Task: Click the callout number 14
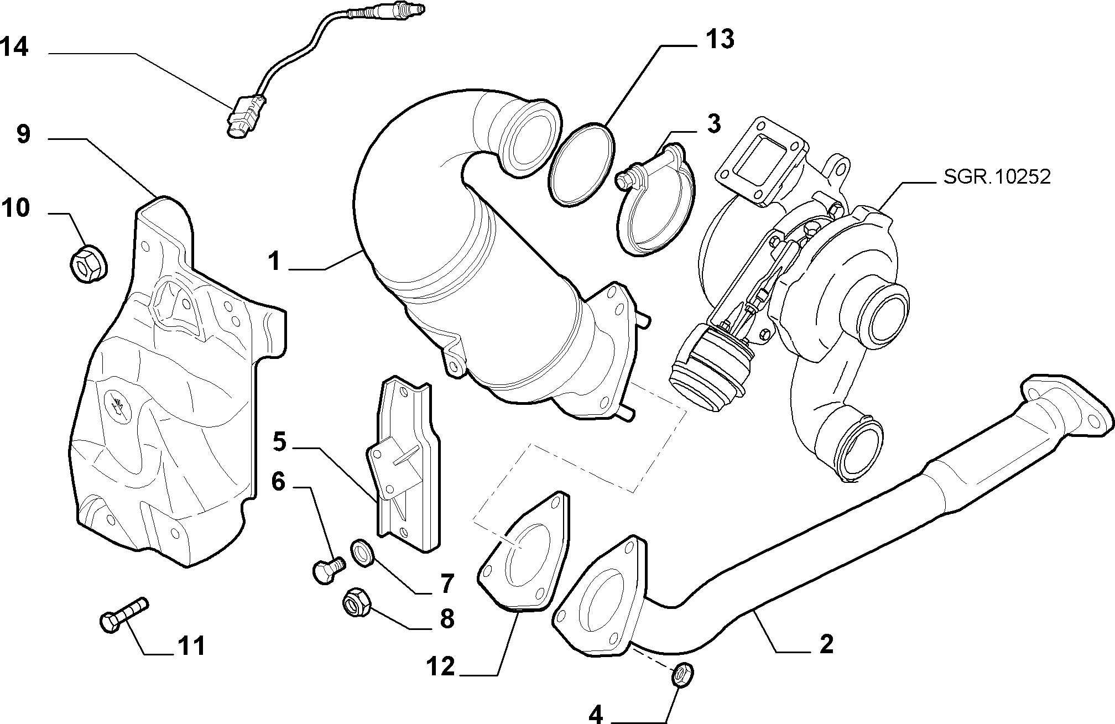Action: [x=14, y=46]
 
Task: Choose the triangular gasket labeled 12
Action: [x=523, y=559]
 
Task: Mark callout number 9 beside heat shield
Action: [x=23, y=134]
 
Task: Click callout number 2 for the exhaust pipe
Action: [x=826, y=644]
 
